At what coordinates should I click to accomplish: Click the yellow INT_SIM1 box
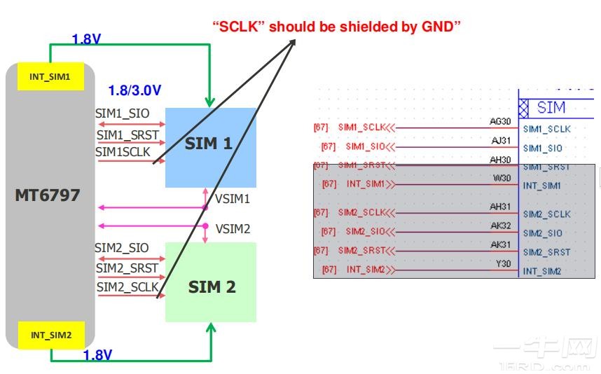point(50,76)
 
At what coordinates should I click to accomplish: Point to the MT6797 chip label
point(48,195)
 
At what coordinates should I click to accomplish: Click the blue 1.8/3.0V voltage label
point(134,90)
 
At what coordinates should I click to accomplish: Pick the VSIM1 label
point(233,199)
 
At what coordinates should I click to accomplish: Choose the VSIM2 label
point(233,229)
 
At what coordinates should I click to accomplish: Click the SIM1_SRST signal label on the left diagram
point(127,134)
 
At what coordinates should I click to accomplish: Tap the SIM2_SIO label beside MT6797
point(122,248)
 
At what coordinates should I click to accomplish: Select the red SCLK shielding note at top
point(336,27)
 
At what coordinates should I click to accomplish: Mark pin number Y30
point(504,264)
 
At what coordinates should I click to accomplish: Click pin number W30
point(502,179)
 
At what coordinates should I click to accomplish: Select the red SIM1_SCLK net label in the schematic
point(361,127)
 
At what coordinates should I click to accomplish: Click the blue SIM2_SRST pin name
point(546,252)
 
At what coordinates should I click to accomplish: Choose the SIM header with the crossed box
point(543,109)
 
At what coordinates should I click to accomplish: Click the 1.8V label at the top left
point(85,40)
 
